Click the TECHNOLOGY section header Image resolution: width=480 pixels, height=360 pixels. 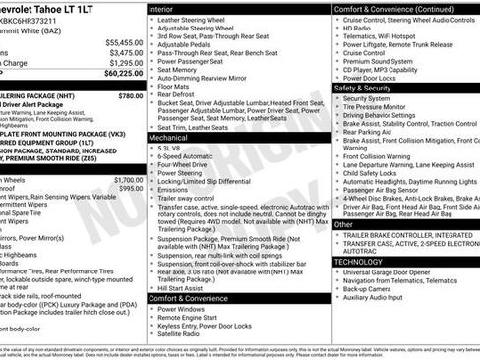tap(360, 262)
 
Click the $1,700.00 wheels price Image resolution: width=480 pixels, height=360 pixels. tap(127, 180)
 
